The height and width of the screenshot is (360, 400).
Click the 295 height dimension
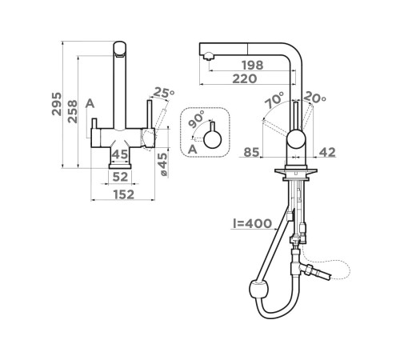click(x=56, y=104)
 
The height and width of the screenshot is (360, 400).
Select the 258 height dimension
click(x=72, y=111)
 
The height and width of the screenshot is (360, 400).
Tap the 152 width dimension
click(x=124, y=194)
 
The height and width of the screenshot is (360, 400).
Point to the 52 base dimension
click(x=120, y=177)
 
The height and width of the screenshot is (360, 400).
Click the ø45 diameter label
click(x=162, y=164)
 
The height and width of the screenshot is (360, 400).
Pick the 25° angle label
click(x=164, y=93)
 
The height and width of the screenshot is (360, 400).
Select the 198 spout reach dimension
click(x=252, y=65)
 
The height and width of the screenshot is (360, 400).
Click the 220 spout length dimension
click(x=245, y=78)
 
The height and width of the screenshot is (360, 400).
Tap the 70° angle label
click(x=274, y=100)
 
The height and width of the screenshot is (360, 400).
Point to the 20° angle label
click(x=314, y=98)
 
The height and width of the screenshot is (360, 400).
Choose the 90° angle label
click(x=196, y=118)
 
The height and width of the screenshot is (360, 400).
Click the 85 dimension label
click(x=251, y=152)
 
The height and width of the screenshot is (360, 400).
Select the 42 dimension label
click(x=327, y=152)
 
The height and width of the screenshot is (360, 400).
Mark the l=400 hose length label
click(x=252, y=223)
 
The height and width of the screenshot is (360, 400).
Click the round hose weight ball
click(x=258, y=290)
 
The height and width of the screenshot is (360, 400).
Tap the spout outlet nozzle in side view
click(x=209, y=56)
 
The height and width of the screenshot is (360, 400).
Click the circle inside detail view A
click(x=213, y=139)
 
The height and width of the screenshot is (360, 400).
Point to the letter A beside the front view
click(x=90, y=103)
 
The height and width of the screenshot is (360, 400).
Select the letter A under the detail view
click(x=192, y=150)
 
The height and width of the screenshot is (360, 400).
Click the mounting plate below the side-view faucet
click(x=296, y=171)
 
